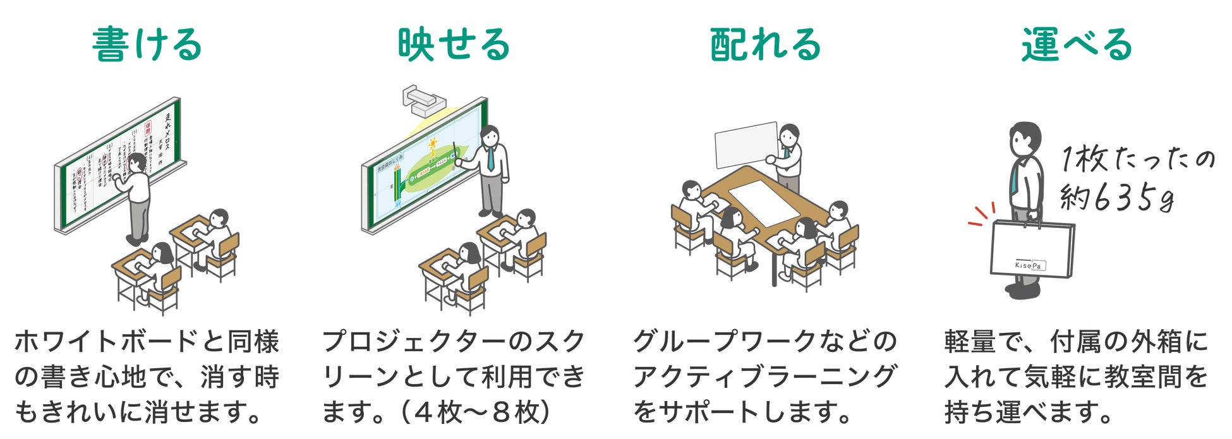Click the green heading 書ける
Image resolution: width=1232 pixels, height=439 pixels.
coord(147,44)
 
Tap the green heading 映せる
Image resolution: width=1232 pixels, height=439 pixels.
coord(454,44)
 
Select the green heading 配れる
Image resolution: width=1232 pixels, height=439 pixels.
coord(765,44)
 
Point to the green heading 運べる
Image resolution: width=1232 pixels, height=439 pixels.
coord(1077,44)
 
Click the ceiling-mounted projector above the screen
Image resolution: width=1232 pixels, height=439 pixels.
coord(421,100)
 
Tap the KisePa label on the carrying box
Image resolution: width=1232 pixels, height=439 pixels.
coord(1029,265)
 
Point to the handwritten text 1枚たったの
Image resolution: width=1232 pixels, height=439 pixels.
coord(1137,159)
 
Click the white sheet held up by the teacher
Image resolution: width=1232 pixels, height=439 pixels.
coord(746,144)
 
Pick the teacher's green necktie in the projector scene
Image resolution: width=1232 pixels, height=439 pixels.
coord(490,159)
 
